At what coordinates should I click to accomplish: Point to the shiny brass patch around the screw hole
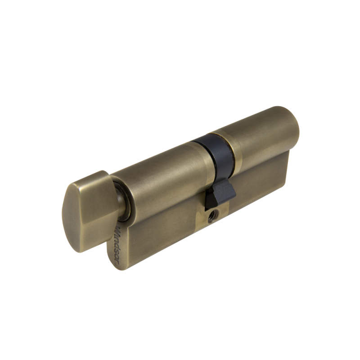pos(211,221)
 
